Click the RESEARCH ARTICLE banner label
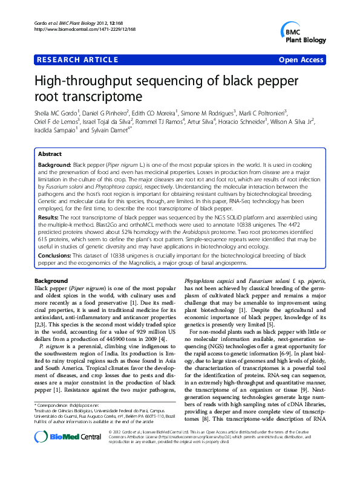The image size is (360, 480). pyautogui.click(x=77, y=60)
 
